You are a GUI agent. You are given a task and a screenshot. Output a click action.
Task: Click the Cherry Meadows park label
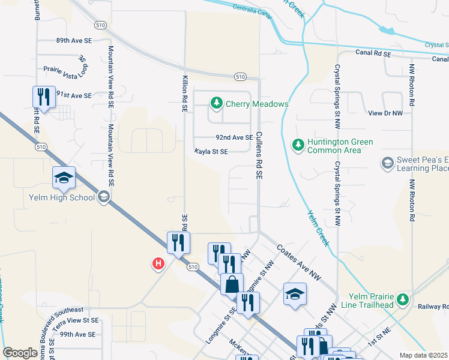coord(257,104)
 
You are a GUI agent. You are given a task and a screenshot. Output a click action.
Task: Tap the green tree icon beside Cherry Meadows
coord(217,104)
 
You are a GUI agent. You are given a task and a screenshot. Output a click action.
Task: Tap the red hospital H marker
coord(158,263)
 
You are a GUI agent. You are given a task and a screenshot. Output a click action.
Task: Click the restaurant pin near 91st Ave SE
coord(44,97)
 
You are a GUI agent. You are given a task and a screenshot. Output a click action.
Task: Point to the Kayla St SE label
coord(211,152)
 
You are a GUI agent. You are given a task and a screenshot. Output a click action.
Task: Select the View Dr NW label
coord(385,113)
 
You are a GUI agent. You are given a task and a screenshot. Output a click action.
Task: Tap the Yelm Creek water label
coord(318,227)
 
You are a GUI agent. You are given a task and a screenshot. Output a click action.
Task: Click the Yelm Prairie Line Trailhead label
coord(372,301)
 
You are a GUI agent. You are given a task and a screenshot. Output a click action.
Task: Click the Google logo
coord(20,353)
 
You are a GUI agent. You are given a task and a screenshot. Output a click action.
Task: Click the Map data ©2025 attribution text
coord(424,355)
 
